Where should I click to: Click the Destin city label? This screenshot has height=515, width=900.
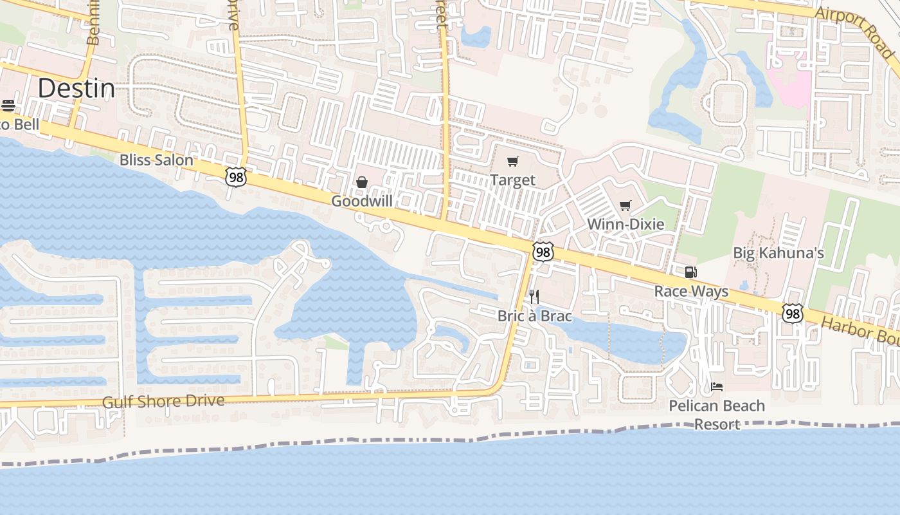tap(76, 88)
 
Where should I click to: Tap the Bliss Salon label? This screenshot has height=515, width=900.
tap(156, 160)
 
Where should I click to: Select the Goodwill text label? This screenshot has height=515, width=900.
tap(362, 201)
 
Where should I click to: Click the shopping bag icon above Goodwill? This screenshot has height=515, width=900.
tap(362, 183)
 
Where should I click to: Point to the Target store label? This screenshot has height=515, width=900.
tap(512, 180)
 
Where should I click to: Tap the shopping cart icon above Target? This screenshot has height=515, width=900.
tap(512, 161)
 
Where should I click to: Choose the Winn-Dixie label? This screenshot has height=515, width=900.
tap(625, 224)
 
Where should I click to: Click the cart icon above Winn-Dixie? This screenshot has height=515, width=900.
tap(625, 205)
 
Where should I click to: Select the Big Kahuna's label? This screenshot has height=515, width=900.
tap(779, 252)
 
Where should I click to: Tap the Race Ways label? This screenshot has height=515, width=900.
tap(691, 291)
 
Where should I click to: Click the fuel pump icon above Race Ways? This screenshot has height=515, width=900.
tap(690, 272)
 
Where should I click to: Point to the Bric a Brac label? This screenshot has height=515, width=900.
tap(535, 315)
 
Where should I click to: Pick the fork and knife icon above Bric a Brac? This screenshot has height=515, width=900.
tap(534, 297)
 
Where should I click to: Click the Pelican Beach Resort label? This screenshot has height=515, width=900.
tap(717, 415)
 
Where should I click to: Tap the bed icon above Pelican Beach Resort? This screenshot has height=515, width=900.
tap(717, 387)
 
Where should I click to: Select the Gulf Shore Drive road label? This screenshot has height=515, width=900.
tap(164, 401)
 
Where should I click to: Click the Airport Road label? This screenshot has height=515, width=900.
tap(854, 33)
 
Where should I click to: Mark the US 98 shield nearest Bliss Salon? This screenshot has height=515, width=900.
tap(235, 176)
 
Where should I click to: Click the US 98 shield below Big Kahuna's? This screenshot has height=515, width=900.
tap(793, 313)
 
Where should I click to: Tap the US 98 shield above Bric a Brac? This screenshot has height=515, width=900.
tap(543, 252)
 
